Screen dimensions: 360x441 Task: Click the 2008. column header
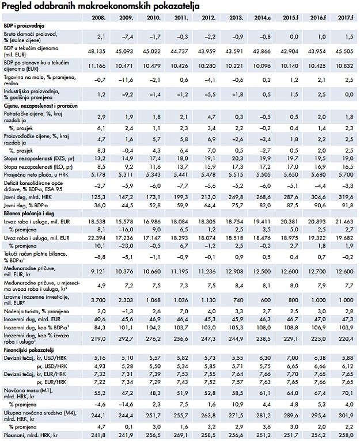[x=99, y=17]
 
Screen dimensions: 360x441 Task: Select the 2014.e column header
[x=263, y=17]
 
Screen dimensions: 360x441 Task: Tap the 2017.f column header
[x=346, y=17]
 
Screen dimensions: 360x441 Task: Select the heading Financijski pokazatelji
[x=29, y=350]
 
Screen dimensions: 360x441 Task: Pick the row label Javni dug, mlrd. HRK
[x=28, y=197]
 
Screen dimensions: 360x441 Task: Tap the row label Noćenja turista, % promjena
[x=36, y=311]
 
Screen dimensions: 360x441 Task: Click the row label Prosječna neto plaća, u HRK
[x=36, y=174]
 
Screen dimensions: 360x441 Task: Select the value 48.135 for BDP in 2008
[x=97, y=51]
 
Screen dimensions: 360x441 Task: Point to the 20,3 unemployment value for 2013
[x=238, y=158]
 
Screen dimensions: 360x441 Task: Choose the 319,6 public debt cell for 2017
[x=346, y=197]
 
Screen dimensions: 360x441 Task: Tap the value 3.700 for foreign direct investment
[x=98, y=300]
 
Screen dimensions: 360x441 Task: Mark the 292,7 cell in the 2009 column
[x=126, y=339]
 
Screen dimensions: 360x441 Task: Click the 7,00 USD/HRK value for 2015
[x=293, y=358]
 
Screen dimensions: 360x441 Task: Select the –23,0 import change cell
[x=126, y=246]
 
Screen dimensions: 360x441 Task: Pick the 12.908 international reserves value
[x=234, y=271]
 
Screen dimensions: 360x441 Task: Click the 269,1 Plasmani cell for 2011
[x=181, y=435]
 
